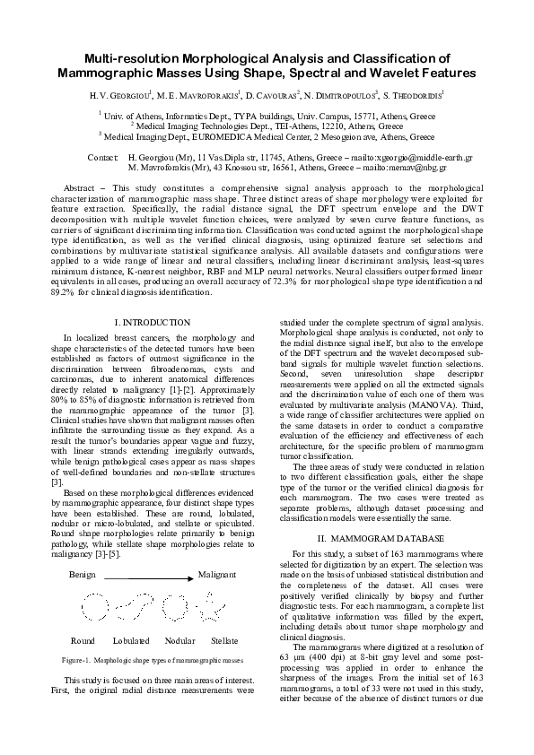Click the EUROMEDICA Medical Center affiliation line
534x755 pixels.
(267, 137)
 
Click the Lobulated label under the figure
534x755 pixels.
(131, 641)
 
